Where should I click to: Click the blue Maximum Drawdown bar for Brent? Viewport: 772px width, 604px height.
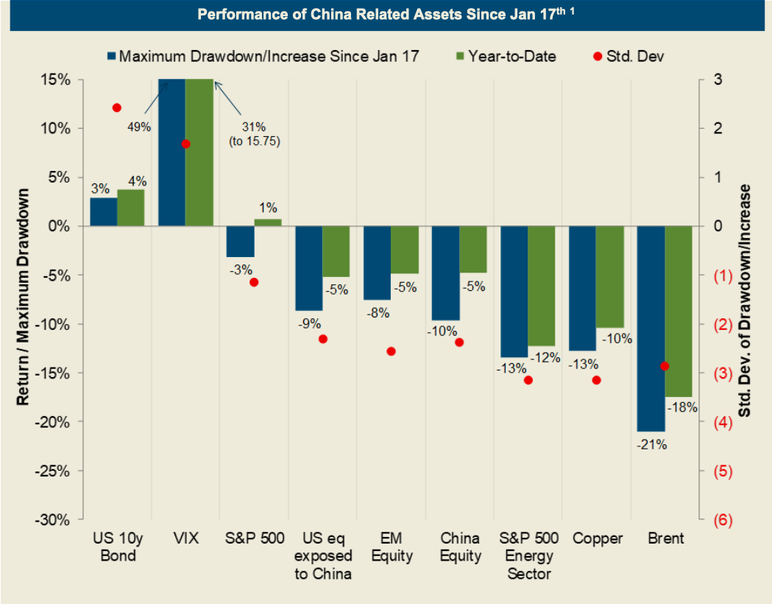(651, 329)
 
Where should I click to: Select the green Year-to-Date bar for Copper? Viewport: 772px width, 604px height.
(609, 277)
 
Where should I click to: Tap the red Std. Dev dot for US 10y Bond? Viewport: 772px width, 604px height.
(116, 108)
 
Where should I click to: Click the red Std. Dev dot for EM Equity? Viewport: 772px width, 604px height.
(391, 351)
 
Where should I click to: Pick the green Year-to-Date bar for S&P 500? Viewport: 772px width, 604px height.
(268, 222)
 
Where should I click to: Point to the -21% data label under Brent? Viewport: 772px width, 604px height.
(652, 444)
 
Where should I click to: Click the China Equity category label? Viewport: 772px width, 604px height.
(459, 547)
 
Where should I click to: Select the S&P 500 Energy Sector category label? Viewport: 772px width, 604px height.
(528, 556)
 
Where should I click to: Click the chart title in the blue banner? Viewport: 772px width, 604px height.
(386, 15)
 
